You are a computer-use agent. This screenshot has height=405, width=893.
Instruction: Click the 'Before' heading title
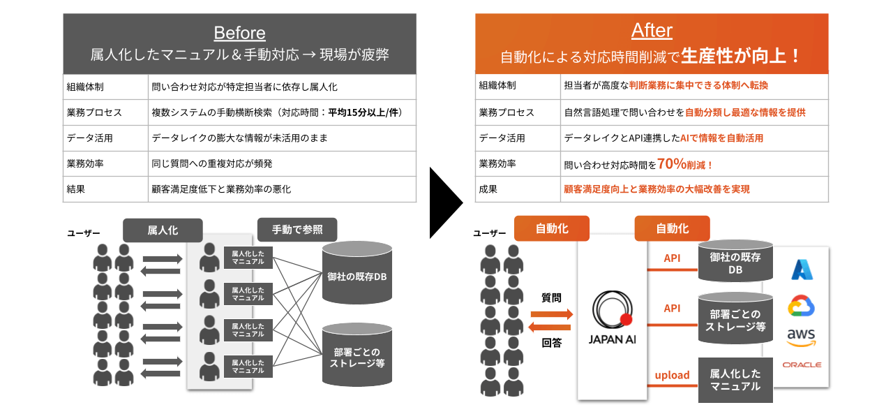[239, 33]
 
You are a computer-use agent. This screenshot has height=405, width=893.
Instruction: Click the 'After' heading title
[652, 31]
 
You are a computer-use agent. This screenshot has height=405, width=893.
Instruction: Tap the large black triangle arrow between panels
[444, 203]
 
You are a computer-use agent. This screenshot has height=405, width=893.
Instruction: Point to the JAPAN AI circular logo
[613, 309]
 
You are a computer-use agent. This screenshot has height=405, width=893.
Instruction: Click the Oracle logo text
[802, 364]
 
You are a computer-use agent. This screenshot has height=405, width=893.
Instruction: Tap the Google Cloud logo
[802, 306]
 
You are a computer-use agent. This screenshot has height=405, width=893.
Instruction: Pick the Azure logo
[802, 270]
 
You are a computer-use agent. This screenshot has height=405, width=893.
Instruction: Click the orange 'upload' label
[672, 376]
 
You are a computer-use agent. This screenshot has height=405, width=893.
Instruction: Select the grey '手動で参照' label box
[297, 230]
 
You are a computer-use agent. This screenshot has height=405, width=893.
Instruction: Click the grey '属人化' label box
[163, 230]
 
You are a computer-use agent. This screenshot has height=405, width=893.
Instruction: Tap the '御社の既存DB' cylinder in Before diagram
[357, 276]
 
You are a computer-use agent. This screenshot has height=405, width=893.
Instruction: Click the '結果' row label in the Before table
[77, 189]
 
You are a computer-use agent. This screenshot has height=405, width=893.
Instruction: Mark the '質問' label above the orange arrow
[551, 298]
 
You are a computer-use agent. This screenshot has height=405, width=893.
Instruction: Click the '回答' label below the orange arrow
[551, 343]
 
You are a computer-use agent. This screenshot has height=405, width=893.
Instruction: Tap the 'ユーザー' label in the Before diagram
[84, 232]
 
